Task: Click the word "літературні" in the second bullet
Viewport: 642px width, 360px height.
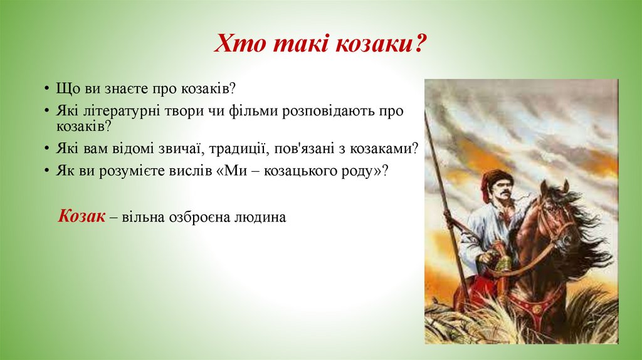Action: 120,110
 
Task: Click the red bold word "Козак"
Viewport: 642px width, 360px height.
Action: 82,216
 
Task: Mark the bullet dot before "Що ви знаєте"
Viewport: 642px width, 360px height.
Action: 48,89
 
